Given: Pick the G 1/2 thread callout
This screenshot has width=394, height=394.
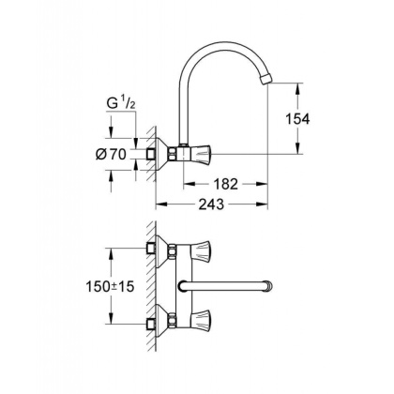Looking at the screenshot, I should click(x=117, y=121).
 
